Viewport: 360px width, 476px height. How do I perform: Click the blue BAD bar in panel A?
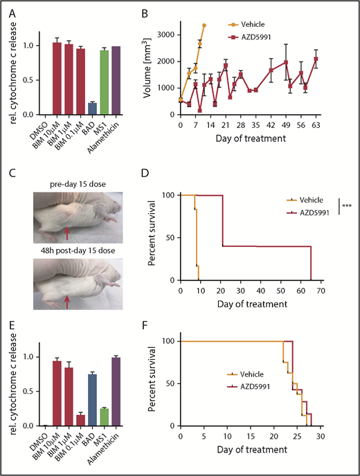tap(91, 108)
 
